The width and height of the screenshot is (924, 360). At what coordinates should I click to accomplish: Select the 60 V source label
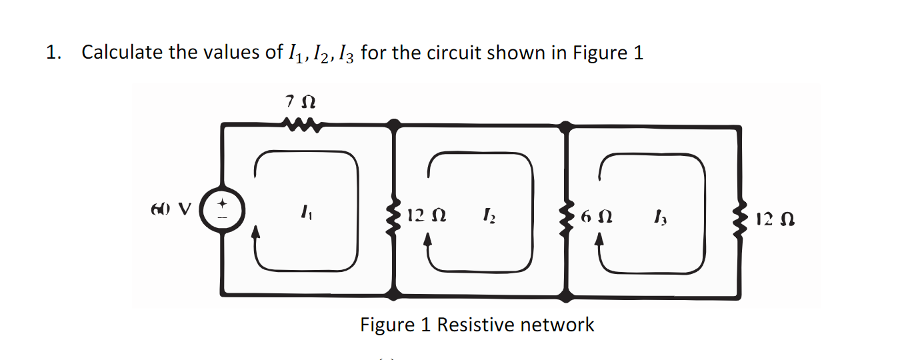(x=172, y=208)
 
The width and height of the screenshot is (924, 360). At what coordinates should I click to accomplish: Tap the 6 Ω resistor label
(x=596, y=216)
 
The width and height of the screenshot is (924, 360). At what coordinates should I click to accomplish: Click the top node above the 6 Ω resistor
(x=567, y=125)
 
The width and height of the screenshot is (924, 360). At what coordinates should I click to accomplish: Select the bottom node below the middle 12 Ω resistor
(x=396, y=293)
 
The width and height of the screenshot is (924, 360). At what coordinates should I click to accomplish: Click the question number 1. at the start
(x=53, y=53)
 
